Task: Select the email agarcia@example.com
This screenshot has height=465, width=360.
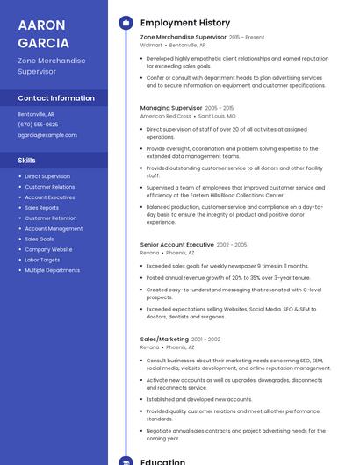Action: coord(47,135)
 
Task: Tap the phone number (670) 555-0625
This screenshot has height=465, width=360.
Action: coord(38,125)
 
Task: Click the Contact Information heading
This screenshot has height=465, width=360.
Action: coord(56,98)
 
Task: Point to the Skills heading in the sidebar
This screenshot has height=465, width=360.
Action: coord(27,161)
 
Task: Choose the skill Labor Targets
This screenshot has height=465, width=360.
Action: coord(42,260)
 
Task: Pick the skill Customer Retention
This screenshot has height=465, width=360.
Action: coord(50,218)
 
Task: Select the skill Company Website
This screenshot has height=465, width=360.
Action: coord(48,249)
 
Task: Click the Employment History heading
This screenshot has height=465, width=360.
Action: coord(184,23)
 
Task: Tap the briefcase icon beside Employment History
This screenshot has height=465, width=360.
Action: coord(126,23)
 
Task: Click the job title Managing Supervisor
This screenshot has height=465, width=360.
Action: coord(171,108)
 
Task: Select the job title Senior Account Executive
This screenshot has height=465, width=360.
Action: coord(176,245)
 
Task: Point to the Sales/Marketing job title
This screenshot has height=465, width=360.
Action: coord(164,339)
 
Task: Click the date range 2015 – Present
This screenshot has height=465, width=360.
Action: coord(247,38)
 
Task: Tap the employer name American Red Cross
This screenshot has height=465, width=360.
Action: coord(165,116)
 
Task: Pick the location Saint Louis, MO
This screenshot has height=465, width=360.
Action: coord(217,116)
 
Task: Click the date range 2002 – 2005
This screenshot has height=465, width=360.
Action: coord(232,245)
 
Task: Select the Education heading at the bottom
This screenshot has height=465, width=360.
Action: coord(162,461)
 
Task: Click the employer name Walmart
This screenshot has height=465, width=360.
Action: coord(151,45)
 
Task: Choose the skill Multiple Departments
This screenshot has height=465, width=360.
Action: coord(52,270)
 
